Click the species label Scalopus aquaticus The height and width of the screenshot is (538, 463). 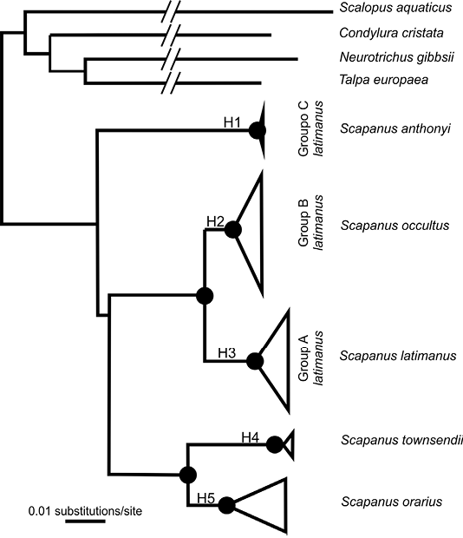(395, 8)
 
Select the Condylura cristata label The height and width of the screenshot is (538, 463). (391, 33)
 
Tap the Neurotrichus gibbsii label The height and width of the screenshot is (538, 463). (396, 57)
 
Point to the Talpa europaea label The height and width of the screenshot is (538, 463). (383, 80)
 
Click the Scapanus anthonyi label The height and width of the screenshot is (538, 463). (395, 128)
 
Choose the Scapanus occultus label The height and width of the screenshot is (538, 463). (395, 226)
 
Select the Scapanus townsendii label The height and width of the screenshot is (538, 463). (401, 440)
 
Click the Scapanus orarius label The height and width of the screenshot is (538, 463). (391, 502)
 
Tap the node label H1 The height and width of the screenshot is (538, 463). (232, 122)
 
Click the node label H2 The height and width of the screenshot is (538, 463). (215, 221)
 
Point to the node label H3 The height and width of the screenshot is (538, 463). (227, 352)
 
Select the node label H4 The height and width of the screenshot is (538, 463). (251, 437)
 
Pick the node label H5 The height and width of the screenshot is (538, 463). (205, 498)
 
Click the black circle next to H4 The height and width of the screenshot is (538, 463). (275, 444)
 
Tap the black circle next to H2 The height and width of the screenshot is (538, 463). (233, 230)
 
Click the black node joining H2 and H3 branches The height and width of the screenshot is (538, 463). (205, 296)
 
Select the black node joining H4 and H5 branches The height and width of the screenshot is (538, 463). (188, 475)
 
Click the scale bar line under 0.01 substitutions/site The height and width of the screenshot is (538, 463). (85, 522)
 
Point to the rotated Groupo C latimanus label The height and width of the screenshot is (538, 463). (310, 128)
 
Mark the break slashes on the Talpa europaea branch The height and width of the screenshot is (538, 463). (171, 83)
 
